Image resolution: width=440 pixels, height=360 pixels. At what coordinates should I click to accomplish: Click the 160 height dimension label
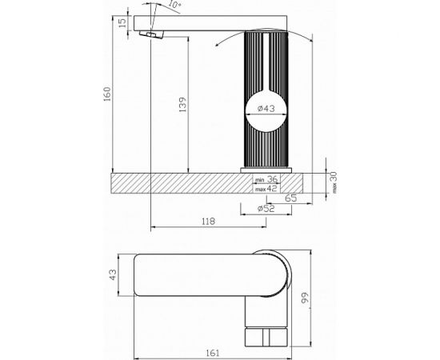tap(107, 94)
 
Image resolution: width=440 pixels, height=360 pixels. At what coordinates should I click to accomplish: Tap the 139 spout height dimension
tap(182, 105)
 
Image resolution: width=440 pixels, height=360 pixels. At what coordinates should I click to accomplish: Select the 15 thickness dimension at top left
tap(122, 22)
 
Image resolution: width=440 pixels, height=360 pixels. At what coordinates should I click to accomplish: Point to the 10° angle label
tap(174, 4)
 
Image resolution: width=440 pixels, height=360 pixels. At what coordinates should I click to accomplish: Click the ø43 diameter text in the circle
tap(266, 108)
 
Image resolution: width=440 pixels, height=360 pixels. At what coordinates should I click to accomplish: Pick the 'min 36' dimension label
tap(266, 178)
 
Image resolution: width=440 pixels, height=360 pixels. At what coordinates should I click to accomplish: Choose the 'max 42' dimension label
tap(266, 189)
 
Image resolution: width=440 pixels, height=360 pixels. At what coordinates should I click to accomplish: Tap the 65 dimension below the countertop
tap(290, 198)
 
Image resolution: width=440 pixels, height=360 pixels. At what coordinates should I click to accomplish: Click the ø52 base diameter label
tap(266, 209)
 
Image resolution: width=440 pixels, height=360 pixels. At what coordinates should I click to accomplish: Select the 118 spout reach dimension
tap(209, 222)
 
